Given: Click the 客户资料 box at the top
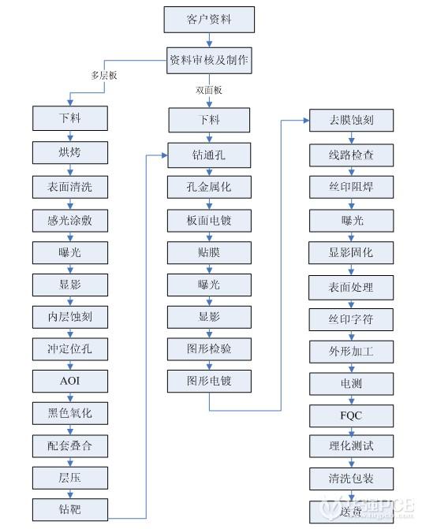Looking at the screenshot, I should coord(209,17).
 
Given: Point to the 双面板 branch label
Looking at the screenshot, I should coord(209,90).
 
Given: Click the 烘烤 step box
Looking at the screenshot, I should coord(69,152).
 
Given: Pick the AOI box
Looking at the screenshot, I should coord(69,380).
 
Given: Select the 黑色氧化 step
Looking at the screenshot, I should coord(69,412).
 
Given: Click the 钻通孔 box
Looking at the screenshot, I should coord(209,153).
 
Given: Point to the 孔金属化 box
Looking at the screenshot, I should coord(209,186).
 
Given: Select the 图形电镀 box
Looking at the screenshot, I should coord(209,382).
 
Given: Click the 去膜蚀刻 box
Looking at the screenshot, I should coord(351,121).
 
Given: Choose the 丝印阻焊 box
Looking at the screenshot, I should coord(351,187).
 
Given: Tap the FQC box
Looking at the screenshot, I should coord(351,414).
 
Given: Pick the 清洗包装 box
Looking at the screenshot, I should coord(351,479).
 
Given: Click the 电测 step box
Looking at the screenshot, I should coord(351,382).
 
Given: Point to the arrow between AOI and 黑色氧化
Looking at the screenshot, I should coord(69,396).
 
